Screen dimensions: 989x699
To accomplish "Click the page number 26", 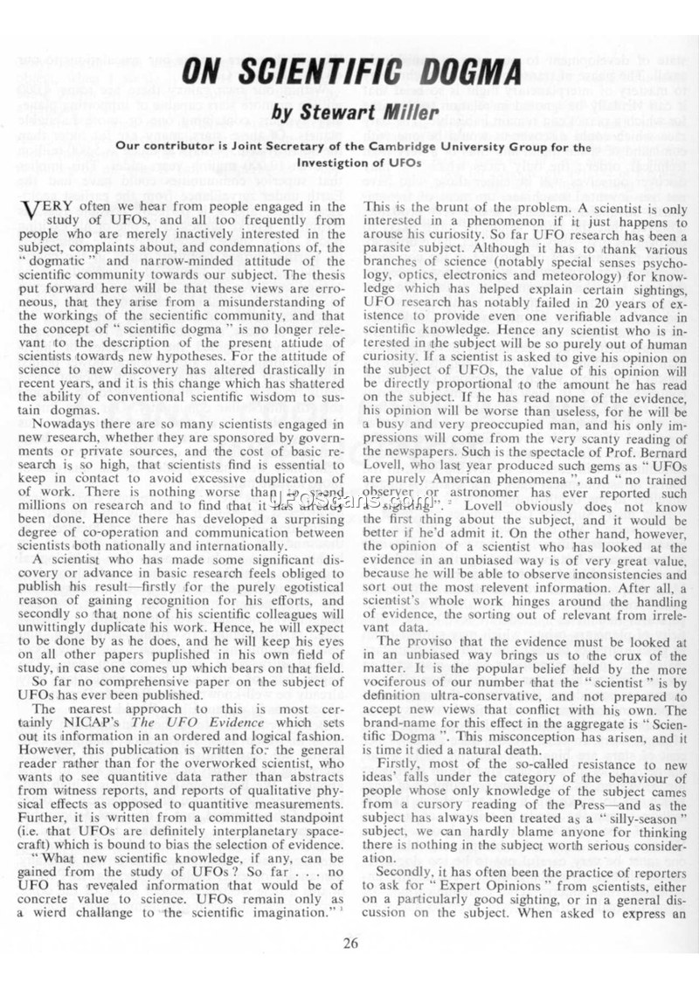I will pyautogui.click(x=349, y=941).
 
